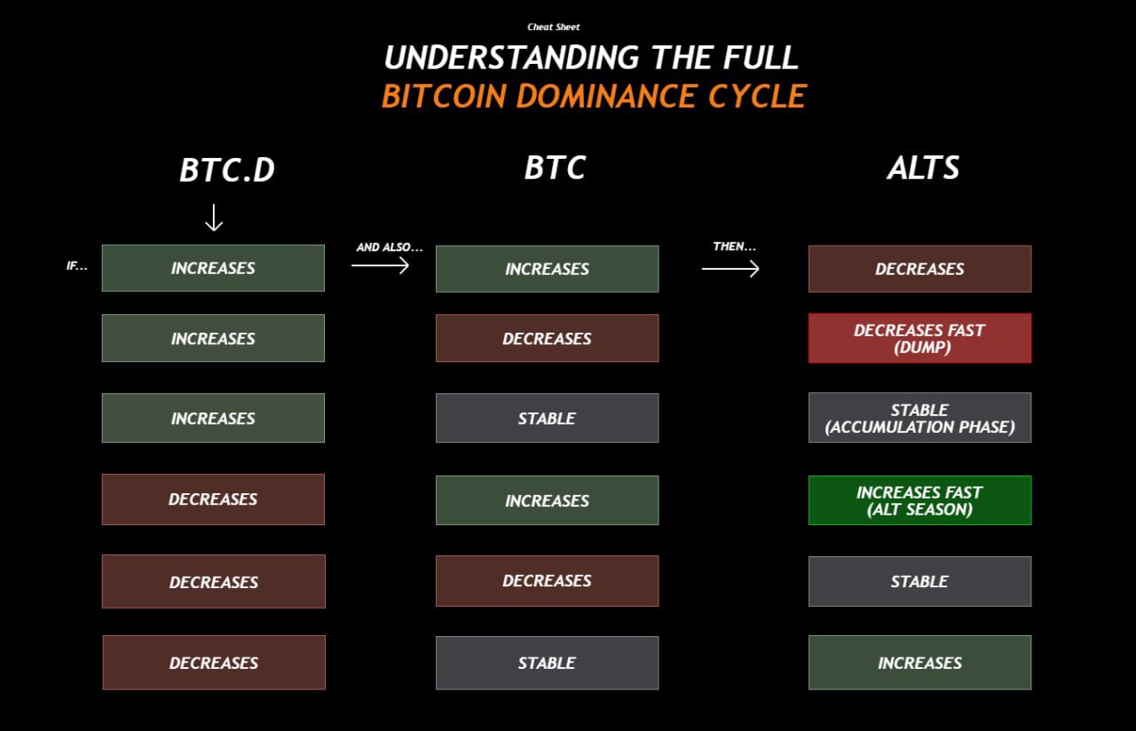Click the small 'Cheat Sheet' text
[553, 28]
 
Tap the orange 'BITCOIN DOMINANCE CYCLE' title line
[593, 96]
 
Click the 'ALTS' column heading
[923, 168]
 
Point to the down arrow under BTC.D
[213, 217]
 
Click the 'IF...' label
[77, 266]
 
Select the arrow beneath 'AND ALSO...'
[380, 264]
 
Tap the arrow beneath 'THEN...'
[730, 267]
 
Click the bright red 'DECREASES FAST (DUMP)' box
[919, 338]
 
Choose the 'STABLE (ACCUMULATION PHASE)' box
[919, 418]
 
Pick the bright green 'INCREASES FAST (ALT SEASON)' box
[919, 500]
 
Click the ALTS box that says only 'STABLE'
[919, 581]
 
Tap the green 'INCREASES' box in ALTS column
[919, 663]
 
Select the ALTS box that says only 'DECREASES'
[919, 269]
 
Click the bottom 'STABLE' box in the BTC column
[547, 663]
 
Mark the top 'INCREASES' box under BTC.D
[213, 268]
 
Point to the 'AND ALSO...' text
[390, 248]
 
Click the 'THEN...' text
[734, 247]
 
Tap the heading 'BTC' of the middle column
[555, 168]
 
